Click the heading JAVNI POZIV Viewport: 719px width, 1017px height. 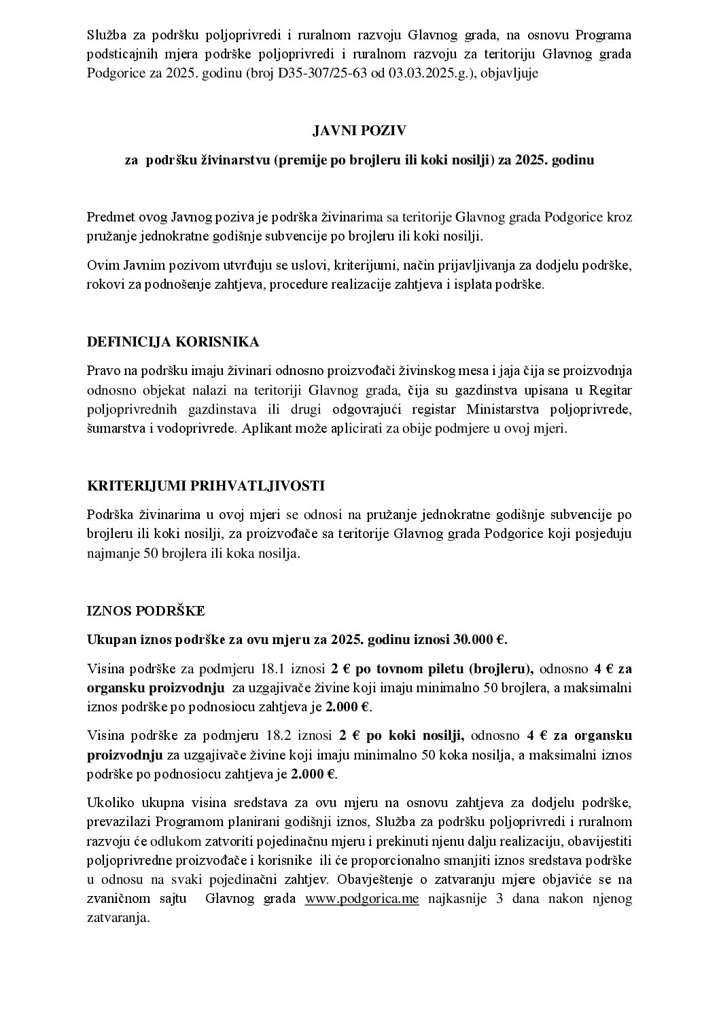click(359, 130)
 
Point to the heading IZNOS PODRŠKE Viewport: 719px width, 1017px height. click(146, 611)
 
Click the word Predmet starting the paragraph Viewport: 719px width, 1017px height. click(110, 217)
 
